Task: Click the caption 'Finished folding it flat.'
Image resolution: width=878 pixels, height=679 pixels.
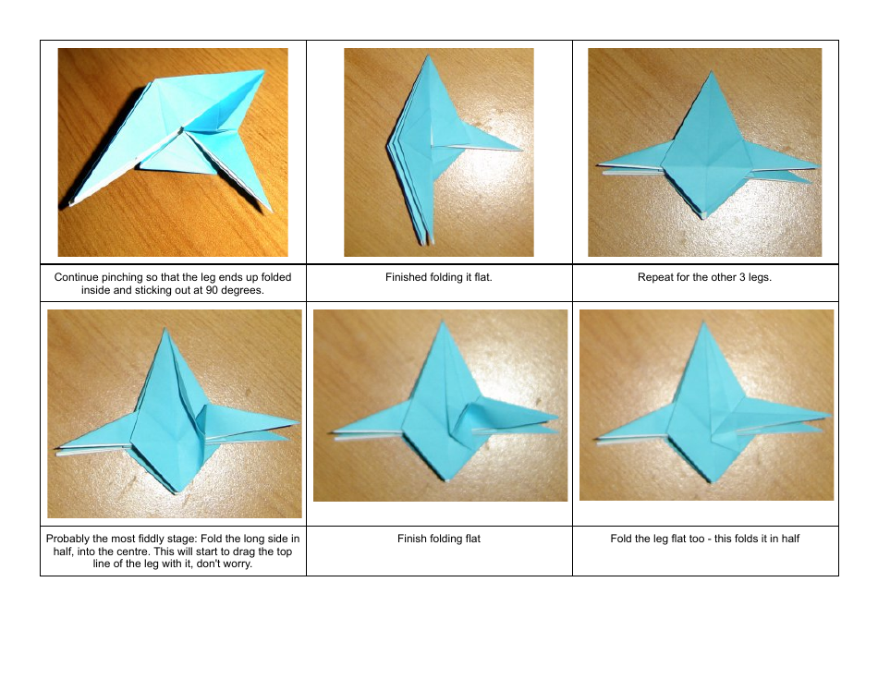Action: point(438,277)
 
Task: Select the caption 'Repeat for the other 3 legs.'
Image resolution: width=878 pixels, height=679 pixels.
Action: point(704,277)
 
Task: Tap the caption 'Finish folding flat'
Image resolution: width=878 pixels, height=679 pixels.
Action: point(438,539)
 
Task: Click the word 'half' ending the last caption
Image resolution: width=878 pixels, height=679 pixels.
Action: point(788,539)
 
